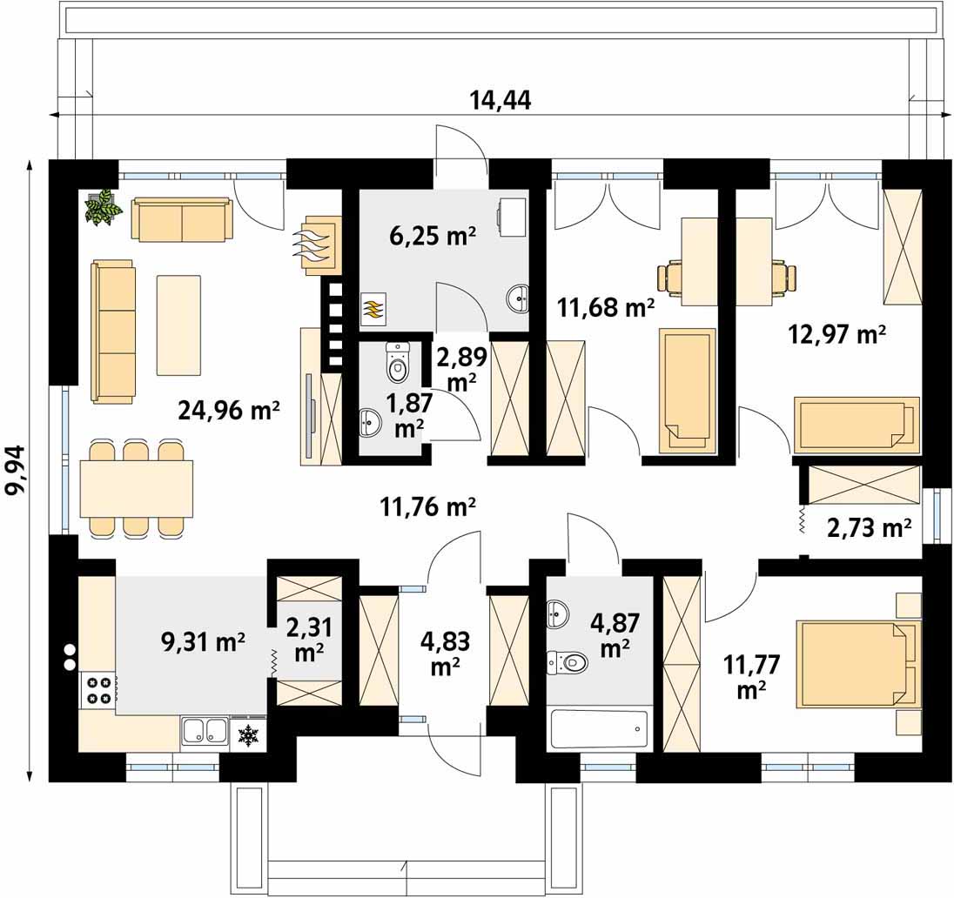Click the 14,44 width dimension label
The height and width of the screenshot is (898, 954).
[501, 100]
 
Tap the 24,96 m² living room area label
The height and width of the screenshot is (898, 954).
[229, 411]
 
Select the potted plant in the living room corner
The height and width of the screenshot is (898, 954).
[103, 207]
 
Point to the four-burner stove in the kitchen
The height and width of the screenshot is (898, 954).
[97, 690]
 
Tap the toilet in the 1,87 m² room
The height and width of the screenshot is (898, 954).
[397, 362]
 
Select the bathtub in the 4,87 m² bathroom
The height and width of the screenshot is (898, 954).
[599, 728]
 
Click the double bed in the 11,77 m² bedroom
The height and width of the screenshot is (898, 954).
[858, 664]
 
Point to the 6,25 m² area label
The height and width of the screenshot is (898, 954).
[432, 236]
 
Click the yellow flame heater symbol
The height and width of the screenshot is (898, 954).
[373, 308]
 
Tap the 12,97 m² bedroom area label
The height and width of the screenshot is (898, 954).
[836, 334]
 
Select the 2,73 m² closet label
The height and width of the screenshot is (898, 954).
[869, 527]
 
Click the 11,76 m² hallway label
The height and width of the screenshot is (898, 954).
[427, 506]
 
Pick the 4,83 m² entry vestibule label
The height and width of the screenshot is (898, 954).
[445, 653]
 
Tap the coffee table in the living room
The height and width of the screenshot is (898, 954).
[179, 325]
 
